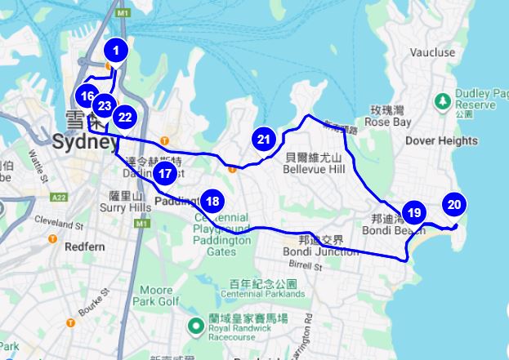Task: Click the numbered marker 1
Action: (116, 51)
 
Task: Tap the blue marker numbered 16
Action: (88, 95)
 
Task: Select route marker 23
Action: (104, 105)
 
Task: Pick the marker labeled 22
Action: (124, 117)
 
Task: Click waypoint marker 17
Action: (165, 172)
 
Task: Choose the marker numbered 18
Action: (212, 201)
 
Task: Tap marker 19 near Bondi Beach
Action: (413, 213)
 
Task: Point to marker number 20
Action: (454, 206)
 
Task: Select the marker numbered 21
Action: (263, 139)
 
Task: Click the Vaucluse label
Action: (433, 52)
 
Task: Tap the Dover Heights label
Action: (442, 140)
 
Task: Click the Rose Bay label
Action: (387, 122)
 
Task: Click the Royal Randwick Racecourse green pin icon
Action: (196, 327)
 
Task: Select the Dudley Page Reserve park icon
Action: (442, 100)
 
